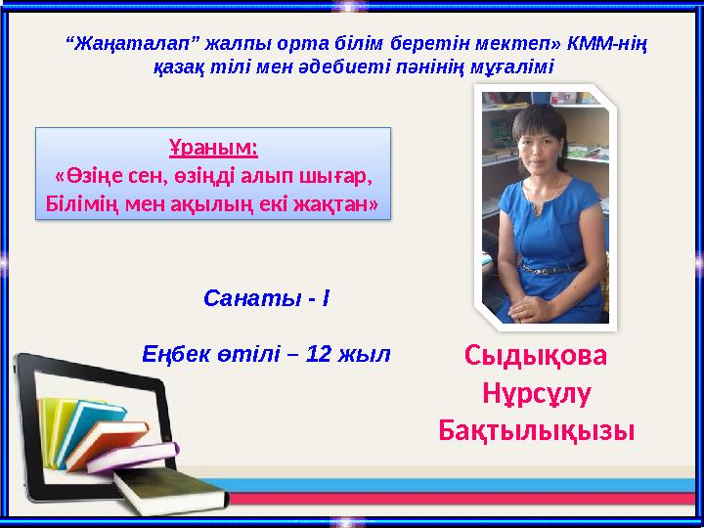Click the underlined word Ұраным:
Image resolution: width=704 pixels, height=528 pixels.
[213, 149]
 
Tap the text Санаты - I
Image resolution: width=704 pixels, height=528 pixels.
[266, 296]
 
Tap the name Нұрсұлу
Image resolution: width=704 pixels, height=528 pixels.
[536, 392]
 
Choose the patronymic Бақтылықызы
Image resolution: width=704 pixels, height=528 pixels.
[536, 429]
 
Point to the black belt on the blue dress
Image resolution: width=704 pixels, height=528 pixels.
[548, 265]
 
